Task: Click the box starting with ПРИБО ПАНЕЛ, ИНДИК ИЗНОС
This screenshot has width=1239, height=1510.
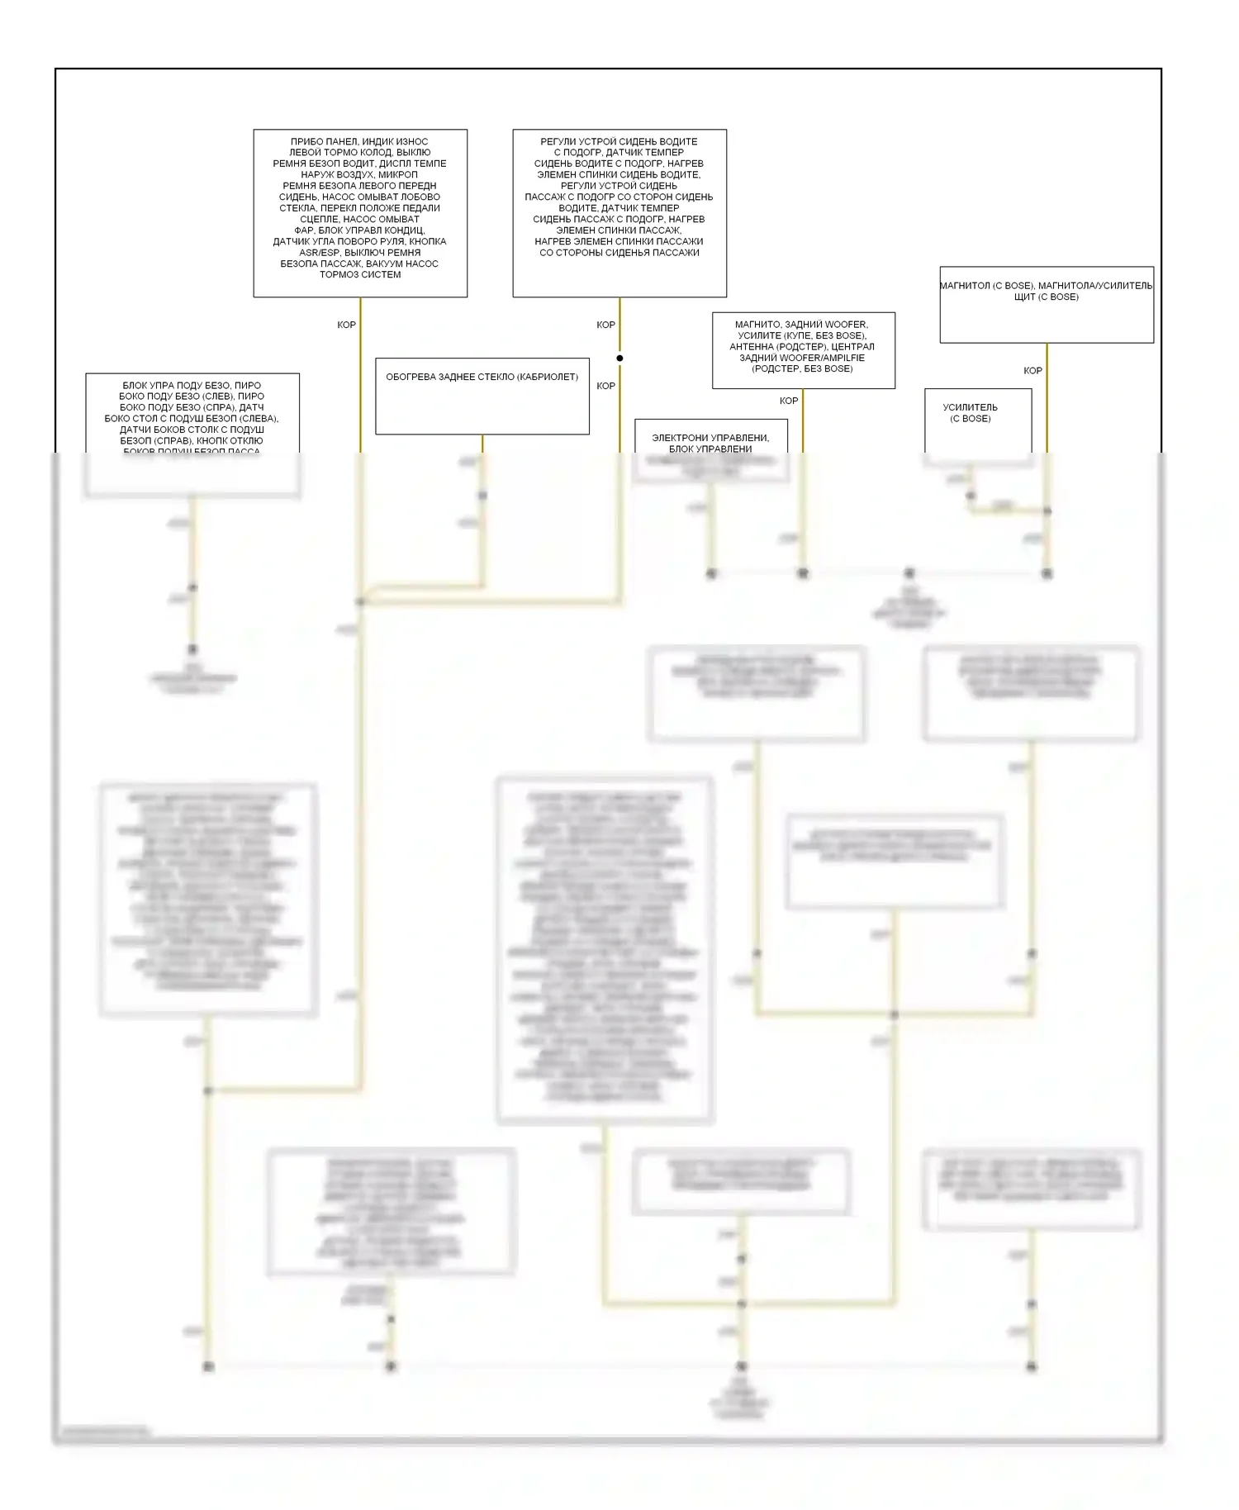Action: (360, 212)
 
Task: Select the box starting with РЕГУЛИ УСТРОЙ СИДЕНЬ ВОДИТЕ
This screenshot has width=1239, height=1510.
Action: (619, 212)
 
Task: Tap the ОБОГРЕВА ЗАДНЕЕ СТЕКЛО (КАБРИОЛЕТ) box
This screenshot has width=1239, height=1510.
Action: (482, 396)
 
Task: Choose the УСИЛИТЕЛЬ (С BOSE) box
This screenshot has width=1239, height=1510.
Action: (978, 420)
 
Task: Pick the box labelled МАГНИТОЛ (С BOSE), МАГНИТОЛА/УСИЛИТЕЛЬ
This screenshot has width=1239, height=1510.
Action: (1047, 304)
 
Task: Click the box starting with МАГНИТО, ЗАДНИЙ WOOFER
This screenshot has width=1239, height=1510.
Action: (803, 349)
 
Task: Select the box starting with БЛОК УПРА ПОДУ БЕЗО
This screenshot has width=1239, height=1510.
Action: (192, 413)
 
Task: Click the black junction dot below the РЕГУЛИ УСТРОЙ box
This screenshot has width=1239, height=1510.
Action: (619, 359)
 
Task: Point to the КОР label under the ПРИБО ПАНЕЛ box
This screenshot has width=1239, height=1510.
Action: (347, 325)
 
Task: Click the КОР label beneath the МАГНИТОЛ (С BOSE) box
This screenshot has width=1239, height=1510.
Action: (1032, 371)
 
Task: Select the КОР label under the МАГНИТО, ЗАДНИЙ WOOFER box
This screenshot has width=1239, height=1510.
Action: (789, 401)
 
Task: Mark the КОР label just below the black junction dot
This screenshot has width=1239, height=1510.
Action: (606, 387)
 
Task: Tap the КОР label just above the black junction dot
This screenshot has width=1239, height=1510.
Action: (606, 325)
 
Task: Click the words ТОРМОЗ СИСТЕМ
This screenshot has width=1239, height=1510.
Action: (360, 275)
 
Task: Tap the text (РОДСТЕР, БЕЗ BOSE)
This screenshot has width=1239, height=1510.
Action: (802, 368)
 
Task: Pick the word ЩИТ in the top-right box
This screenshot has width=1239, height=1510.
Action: (1024, 297)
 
